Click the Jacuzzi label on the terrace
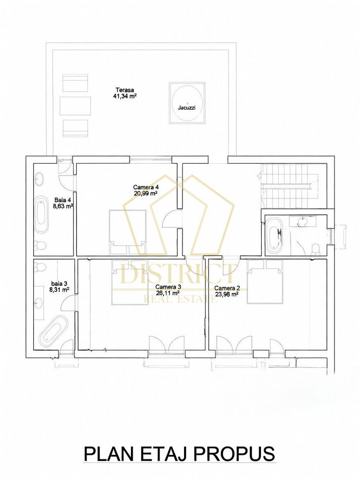coord(187,108)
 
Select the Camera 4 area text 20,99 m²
coord(146,193)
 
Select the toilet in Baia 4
coord(40,245)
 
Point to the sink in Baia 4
coord(40,179)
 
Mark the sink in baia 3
coord(38,303)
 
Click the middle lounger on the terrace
coord(75,106)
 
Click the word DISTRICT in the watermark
coord(180,274)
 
